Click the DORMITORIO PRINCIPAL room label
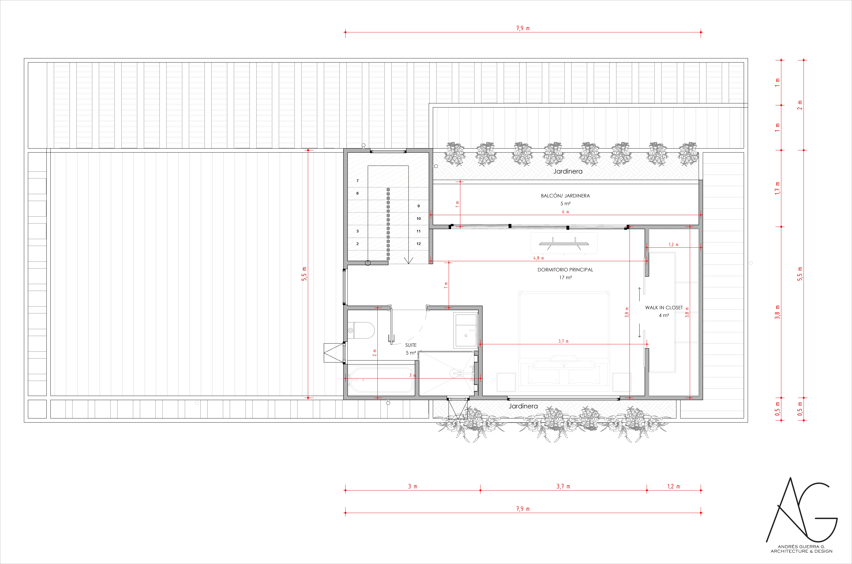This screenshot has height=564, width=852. [565, 270]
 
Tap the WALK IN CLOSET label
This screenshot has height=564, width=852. [664, 308]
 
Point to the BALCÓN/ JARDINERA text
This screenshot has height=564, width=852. [565, 196]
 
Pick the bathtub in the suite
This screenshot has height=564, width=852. [380, 380]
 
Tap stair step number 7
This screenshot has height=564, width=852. [357, 181]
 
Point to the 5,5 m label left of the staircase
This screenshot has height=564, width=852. [304, 274]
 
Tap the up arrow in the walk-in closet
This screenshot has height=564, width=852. [639, 294]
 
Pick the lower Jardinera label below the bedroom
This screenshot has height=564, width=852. [523, 406]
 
